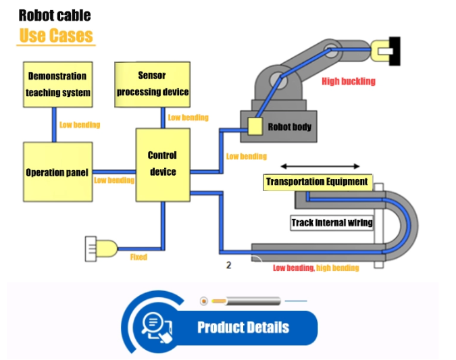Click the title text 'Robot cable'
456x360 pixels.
pos(54,15)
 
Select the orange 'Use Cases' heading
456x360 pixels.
pos(56,35)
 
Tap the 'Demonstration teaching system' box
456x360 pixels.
pos(58,84)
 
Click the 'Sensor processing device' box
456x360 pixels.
pos(152,84)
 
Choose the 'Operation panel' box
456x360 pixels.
pos(57,172)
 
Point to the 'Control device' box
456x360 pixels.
pos(162,164)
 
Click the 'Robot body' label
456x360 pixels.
pos(290,126)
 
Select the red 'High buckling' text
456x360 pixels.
pos(348,81)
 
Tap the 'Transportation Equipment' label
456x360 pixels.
pos(317,182)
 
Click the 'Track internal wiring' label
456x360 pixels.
pos(332,222)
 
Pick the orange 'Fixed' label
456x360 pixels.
pos(138,257)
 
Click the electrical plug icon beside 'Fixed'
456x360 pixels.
pos(100,249)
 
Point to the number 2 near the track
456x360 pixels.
pos(228,265)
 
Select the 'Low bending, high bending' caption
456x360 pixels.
pos(315,268)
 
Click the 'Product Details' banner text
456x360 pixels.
pos(243,328)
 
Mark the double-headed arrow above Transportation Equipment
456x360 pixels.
pos(320,166)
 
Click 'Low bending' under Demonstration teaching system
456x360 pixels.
pos(79,125)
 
